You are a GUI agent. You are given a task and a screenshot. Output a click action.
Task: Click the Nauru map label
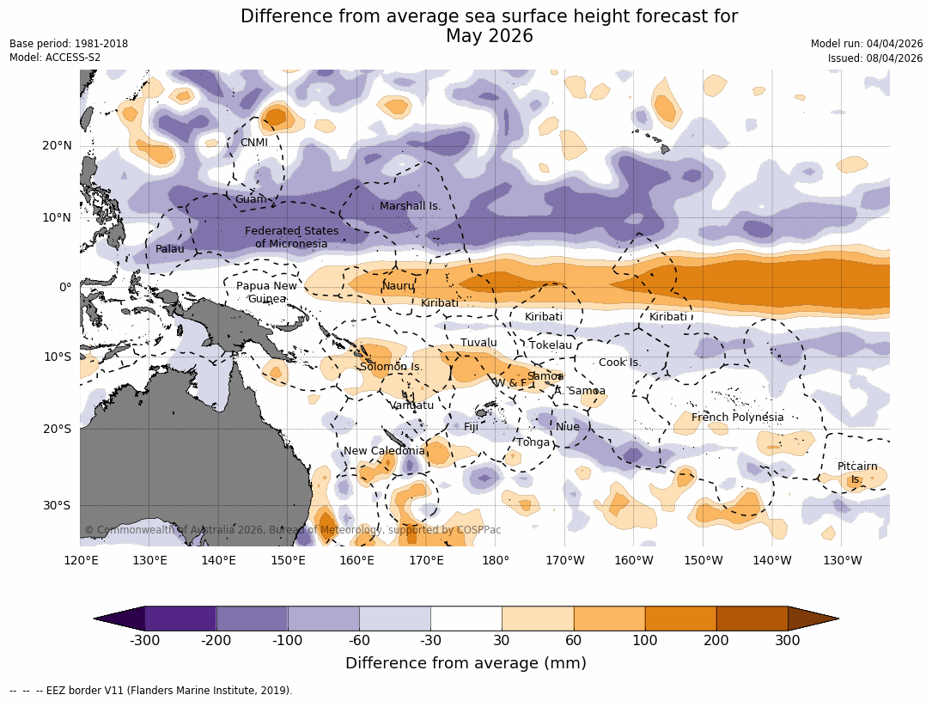click(x=398, y=286)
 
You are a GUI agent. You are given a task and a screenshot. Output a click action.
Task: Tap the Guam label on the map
click(x=251, y=199)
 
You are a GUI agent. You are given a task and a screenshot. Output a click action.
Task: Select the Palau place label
click(x=169, y=249)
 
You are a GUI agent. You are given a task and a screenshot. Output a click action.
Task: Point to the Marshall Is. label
click(x=410, y=206)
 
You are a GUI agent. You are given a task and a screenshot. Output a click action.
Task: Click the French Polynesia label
click(x=737, y=418)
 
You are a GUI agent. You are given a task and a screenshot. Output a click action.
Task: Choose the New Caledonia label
click(x=384, y=451)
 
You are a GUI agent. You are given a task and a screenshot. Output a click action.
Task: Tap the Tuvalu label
click(x=478, y=343)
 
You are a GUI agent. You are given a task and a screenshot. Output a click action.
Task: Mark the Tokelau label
click(x=550, y=345)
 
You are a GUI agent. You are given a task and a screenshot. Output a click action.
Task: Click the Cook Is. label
click(x=619, y=363)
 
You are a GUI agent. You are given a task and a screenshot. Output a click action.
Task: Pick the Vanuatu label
click(x=411, y=405)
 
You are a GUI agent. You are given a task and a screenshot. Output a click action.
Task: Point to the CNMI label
click(x=253, y=143)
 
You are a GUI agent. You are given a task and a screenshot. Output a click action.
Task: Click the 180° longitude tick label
click(x=496, y=561)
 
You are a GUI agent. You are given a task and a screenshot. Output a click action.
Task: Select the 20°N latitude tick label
click(x=57, y=146)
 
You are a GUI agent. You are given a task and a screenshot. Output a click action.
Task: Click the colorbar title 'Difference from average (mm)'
click(x=466, y=663)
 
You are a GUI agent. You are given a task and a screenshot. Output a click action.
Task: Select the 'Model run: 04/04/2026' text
click(x=866, y=44)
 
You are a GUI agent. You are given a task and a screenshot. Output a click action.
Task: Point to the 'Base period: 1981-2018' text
click(x=69, y=44)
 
